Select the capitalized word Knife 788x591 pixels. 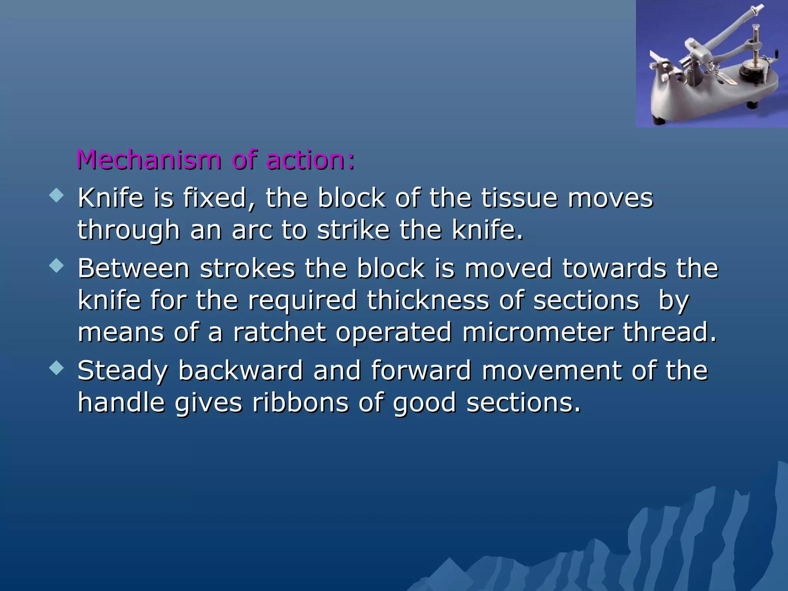(x=110, y=198)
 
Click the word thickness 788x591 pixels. (x=428, y=300)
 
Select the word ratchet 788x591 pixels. (x=279, y=332)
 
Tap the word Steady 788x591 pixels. (x=123, y=371)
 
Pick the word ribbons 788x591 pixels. (x=300, y=403)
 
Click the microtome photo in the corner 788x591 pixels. (x=711, y=64)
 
